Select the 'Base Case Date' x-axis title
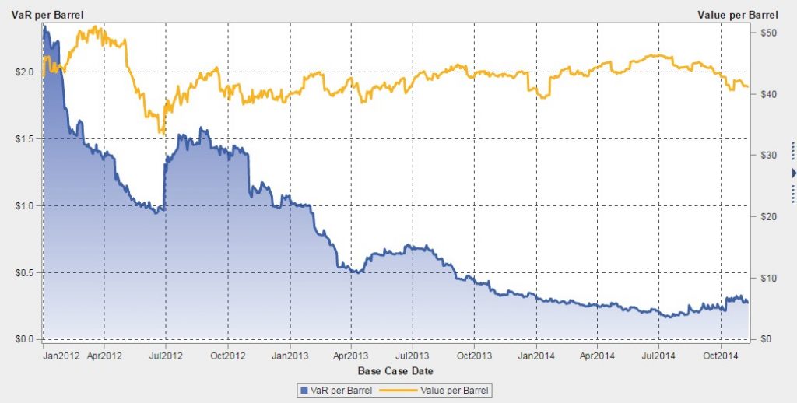point(395,370)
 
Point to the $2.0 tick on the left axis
point(24,72)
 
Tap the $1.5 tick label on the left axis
point(24,138)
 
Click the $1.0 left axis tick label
point(24,205)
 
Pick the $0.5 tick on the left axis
point(24,272)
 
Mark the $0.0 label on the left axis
point(24,339)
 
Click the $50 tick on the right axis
point(765,33)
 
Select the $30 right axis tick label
point(765,156)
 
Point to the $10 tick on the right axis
point(765,278)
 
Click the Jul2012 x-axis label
point(166,357)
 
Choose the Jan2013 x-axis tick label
point(290,357)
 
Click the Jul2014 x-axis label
point(658,357)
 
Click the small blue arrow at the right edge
point(794,173)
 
